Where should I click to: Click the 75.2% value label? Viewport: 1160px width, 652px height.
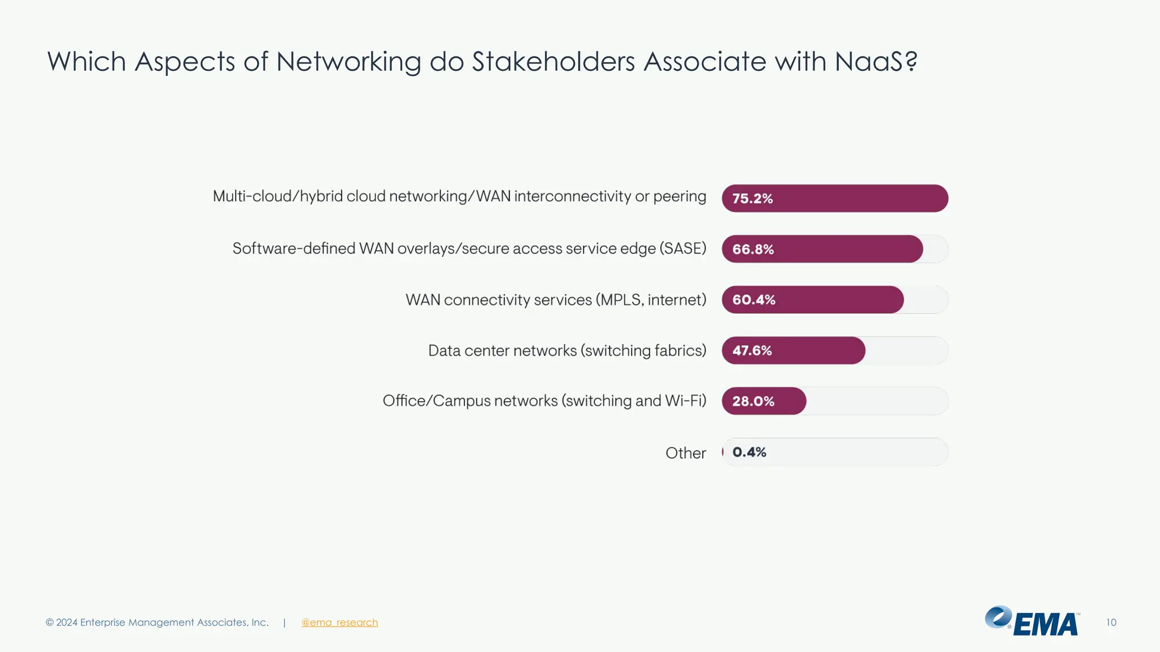(752, 199)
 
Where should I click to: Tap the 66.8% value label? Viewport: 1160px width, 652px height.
(753, 250)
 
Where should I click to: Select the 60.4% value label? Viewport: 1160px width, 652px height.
(753, 300)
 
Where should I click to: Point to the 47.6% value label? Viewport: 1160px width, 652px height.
(752, 351)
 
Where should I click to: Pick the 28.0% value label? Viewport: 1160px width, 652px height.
(753, 401)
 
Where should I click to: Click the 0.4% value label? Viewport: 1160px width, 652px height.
(749, 452)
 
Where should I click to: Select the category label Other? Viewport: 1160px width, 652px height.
(685, 453)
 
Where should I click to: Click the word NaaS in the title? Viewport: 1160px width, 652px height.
(869, 61)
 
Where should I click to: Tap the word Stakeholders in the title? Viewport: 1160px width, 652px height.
(553, 61)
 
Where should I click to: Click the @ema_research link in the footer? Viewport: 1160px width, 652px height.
(339, 623)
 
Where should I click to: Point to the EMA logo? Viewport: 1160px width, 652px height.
(1032, 621)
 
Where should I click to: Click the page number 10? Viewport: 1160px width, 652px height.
(1111, 623)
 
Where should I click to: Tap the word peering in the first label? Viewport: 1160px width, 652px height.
(679, 196)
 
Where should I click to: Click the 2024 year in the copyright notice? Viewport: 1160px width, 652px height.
(66, 623)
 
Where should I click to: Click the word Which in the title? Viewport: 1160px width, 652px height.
(86, 61)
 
